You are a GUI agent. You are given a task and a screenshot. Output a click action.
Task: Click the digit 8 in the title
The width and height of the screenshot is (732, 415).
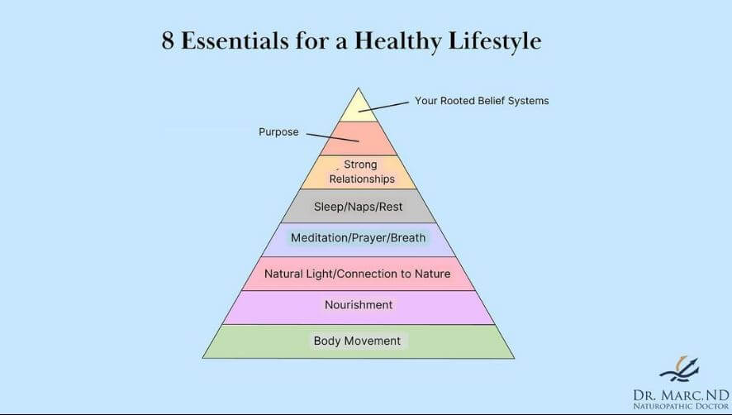point(168,41)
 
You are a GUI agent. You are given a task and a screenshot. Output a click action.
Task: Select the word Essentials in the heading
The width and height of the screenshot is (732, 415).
point(235,41)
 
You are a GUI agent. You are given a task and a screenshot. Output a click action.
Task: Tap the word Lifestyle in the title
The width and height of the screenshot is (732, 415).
point(495,41)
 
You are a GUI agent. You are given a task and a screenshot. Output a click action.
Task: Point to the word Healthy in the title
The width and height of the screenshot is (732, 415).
point(397,41)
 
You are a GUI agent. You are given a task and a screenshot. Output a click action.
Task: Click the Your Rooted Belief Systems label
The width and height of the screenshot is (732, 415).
point(482,101)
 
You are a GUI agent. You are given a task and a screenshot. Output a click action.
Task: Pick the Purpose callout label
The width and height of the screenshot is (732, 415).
point(278,131)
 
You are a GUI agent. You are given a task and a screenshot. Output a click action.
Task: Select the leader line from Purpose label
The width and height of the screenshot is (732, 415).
point(332,137)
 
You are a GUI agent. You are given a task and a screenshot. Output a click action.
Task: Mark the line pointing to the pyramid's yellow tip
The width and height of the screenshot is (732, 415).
point(383,107)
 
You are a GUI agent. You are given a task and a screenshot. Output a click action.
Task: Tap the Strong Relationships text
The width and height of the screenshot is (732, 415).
point(362,171)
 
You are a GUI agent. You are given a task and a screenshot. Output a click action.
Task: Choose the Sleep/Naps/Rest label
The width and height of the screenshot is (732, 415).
point(358,207)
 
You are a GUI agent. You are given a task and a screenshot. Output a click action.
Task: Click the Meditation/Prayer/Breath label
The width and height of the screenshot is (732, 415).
point(358,238)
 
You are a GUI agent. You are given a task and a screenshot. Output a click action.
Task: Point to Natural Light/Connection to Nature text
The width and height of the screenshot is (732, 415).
point(358,274)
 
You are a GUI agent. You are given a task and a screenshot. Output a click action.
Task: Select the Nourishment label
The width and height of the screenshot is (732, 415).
point(359,305)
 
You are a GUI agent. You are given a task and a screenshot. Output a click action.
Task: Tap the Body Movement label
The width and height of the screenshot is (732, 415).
point(357,341)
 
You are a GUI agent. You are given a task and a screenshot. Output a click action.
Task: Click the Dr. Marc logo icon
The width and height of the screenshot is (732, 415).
point(679,369)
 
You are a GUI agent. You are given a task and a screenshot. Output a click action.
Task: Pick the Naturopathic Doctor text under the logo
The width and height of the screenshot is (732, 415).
point(681,406)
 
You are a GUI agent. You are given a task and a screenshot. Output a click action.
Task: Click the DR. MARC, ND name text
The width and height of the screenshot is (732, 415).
point(681,395)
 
